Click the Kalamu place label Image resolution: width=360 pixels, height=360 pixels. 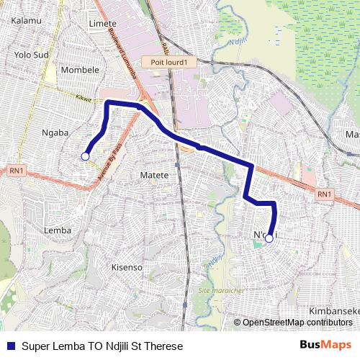[27, 22]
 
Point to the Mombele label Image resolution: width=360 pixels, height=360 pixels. [80, 70]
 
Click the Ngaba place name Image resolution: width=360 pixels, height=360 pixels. [55, 132]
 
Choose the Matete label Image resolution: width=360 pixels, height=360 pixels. [154, 175]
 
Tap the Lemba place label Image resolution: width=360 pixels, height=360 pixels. [58, 230]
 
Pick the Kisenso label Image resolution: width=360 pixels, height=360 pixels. [127, 267]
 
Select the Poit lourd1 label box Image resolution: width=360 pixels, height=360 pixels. [169, 63]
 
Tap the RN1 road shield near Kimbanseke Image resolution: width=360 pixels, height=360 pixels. [324, 194]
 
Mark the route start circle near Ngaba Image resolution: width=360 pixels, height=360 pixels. [85, 156]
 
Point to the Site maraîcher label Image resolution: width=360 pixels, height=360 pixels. [220, 290]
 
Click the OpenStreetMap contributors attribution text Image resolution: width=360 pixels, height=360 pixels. [297, 323]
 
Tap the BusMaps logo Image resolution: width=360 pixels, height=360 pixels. [325, 345]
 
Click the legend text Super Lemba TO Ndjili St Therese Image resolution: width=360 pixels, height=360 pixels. [102, 346]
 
